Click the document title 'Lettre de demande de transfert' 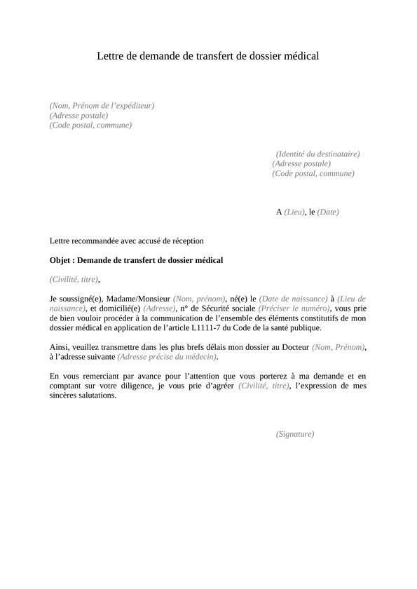point(207,56)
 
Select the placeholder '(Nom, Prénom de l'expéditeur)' point(102,106)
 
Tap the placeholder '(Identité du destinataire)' point(317,154)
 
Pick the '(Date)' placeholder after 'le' point(328,212)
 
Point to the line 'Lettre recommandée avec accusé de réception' point(127,241)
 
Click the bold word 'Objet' point(60,260)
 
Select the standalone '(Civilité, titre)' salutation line point(74,279)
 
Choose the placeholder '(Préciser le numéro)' point(294,309)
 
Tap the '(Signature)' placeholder point(295,434)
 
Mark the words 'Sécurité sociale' point(226,309)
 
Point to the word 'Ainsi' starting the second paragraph point(59,347)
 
